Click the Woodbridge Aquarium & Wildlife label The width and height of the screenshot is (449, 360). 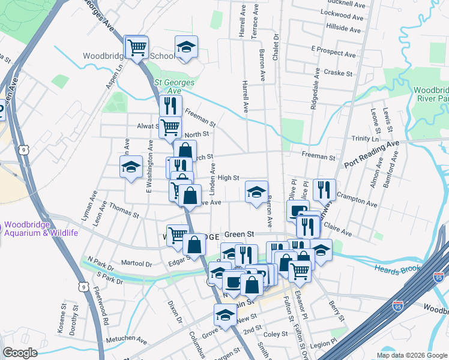41,229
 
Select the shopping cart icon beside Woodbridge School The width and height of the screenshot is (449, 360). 137,46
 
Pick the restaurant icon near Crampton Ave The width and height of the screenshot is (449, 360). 324,190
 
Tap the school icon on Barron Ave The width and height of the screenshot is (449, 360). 256,193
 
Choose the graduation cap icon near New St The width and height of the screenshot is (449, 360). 226,314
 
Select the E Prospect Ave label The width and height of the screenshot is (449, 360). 334,51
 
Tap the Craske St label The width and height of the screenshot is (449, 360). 337,72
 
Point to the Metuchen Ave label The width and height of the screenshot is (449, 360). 126,340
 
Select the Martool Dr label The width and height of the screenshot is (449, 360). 136,263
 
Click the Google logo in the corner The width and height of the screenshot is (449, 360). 20,353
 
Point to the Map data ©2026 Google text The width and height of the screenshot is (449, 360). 412,355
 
